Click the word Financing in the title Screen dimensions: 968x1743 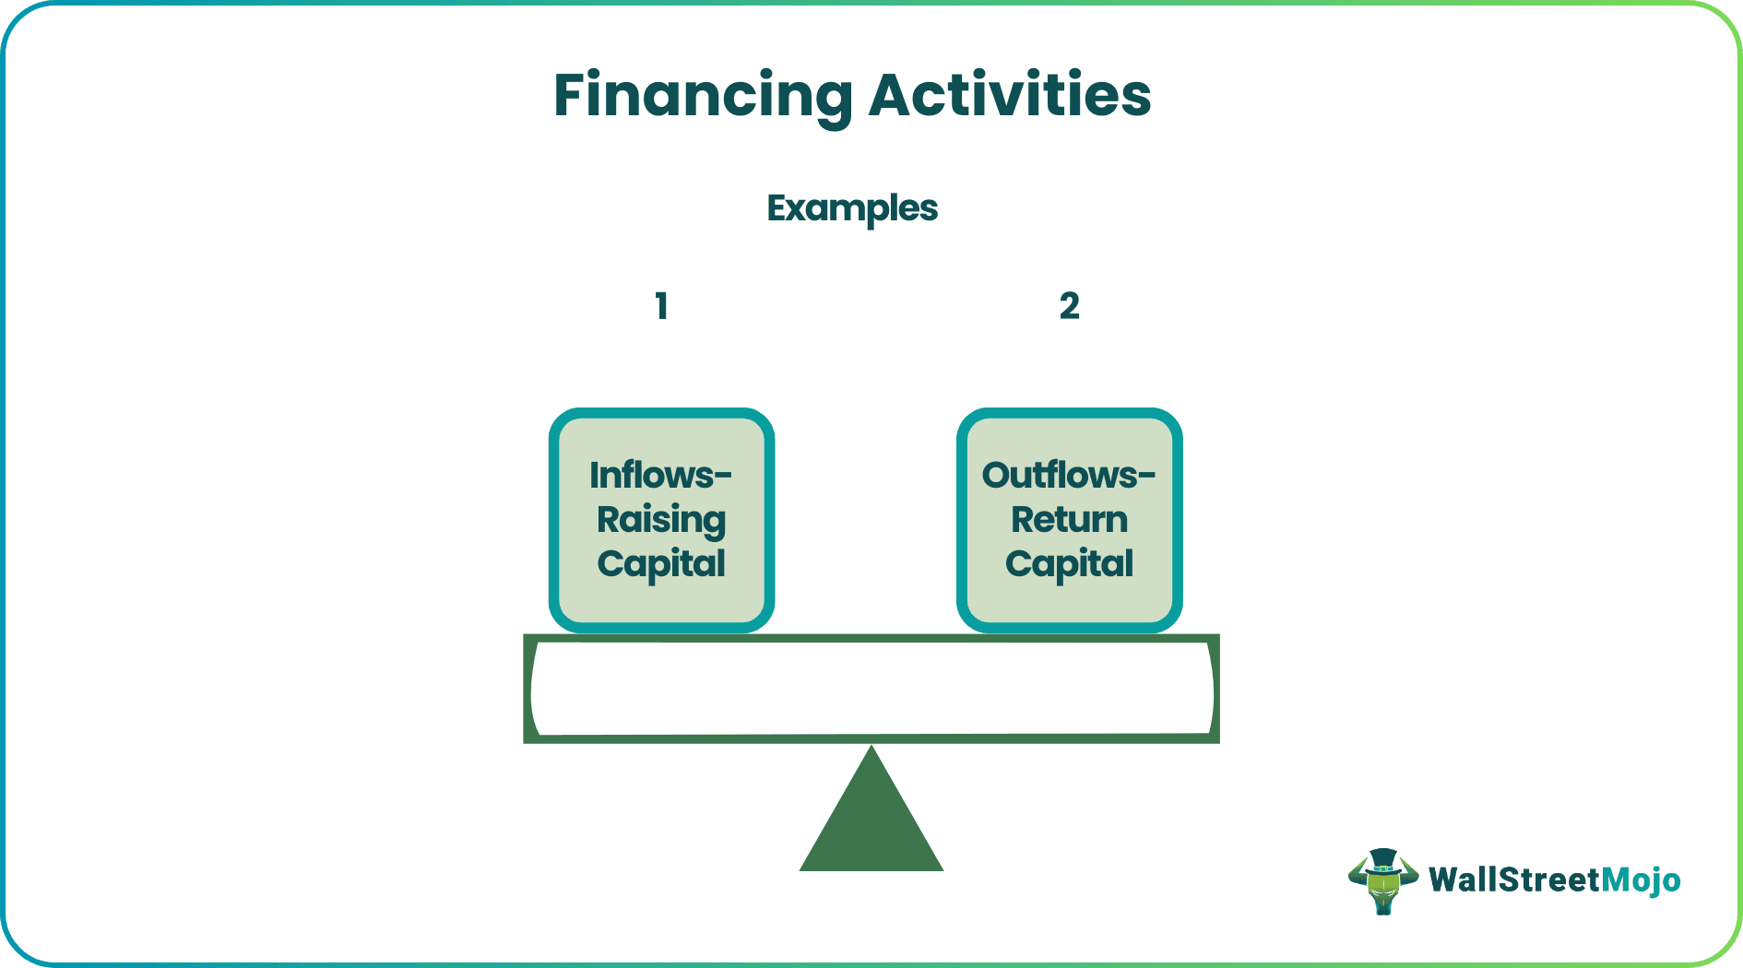pyautogui.click(x=703, y=96)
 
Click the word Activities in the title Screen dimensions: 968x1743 pyautogui.click(x=1010, y=96)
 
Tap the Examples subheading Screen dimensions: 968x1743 pyautogui.click(x=852, y=208)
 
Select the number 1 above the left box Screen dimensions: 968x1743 pyautogui.click(x=661, y=306)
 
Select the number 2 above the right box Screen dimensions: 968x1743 pyautogui.click(x=1069, y=306)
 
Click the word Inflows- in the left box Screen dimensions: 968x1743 pyautogui.click(x=660, y=476)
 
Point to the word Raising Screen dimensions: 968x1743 pyautogui.click(x=661, y=520)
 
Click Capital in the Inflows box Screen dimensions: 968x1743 pyautogui.click(x=661, y=564)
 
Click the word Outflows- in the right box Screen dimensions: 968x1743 pyautogui.click(x=1068, y=476)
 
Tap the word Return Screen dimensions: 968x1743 pyautogui.click(x=1069, y=520)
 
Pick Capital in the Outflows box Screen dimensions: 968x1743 pyautogui.click(x=1069, y=564)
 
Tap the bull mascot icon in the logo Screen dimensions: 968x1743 pyautogui.click(x=1382, y=882)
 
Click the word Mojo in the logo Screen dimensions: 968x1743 pyautogui.click(x=1641, y=880)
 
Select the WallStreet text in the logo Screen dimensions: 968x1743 pyautogui.click(x=1514, y=880)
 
